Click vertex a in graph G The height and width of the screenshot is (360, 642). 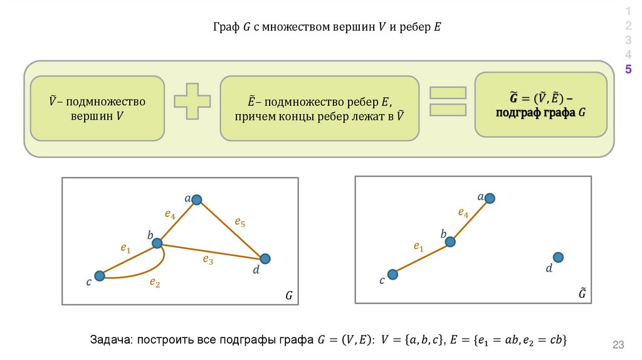click(197, 199)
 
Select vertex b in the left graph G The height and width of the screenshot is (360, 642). click(157, 243)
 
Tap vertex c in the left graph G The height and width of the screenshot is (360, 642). click(99, 275)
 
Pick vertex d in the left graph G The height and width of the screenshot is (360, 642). click(265, 258)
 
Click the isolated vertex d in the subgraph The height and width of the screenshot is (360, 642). click(558, 257)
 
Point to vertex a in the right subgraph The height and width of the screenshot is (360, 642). click(490, 198)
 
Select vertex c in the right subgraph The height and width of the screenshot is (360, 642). click(392, 274)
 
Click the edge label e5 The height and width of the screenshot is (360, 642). click(239, 221)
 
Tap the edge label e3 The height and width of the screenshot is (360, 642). click(208, 260)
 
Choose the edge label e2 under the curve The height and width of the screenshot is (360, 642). click(155, 283)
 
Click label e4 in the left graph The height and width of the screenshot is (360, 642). click(170, 214)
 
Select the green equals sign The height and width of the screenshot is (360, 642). click(448, 101)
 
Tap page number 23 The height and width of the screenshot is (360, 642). click(619, 344)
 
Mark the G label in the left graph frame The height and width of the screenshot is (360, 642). click(289, 295)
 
